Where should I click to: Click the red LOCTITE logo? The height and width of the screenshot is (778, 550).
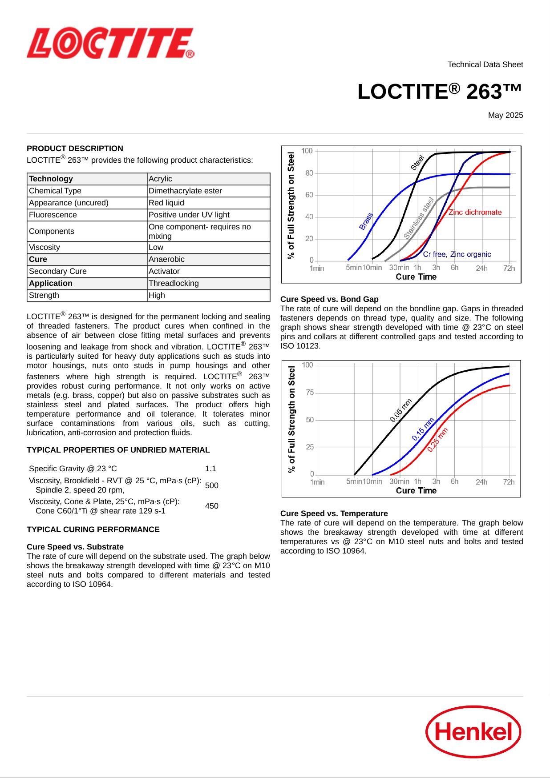point(110,43)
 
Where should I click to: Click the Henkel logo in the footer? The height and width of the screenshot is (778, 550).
point(473,731)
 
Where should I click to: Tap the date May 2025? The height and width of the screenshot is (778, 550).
point(506,115)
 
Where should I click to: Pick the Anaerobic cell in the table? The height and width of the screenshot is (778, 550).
point(166,259)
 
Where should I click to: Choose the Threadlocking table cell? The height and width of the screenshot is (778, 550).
point(174,283)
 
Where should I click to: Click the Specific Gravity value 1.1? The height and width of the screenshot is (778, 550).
point(210,469)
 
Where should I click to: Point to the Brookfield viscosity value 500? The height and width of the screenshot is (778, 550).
point(212,485)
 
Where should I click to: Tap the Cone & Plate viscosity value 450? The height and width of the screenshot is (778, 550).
point(212,506)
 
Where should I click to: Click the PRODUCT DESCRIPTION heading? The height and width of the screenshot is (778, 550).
point(75,148)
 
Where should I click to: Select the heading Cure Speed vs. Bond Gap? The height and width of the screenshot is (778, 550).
point(329,299)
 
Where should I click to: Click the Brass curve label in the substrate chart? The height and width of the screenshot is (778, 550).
point(366,221)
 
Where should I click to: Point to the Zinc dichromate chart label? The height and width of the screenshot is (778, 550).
point(475,213)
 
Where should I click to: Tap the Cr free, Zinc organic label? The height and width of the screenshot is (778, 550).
point(457,254)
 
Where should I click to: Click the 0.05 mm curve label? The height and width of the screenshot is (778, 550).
point(401,410)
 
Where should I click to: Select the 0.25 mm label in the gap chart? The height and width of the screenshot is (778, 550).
point(438,440)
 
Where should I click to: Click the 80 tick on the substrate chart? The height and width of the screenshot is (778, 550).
point(309,173)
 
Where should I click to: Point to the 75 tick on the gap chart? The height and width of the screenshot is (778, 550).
point(310,393)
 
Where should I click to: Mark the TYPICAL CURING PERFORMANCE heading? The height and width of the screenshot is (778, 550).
point(93,529)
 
